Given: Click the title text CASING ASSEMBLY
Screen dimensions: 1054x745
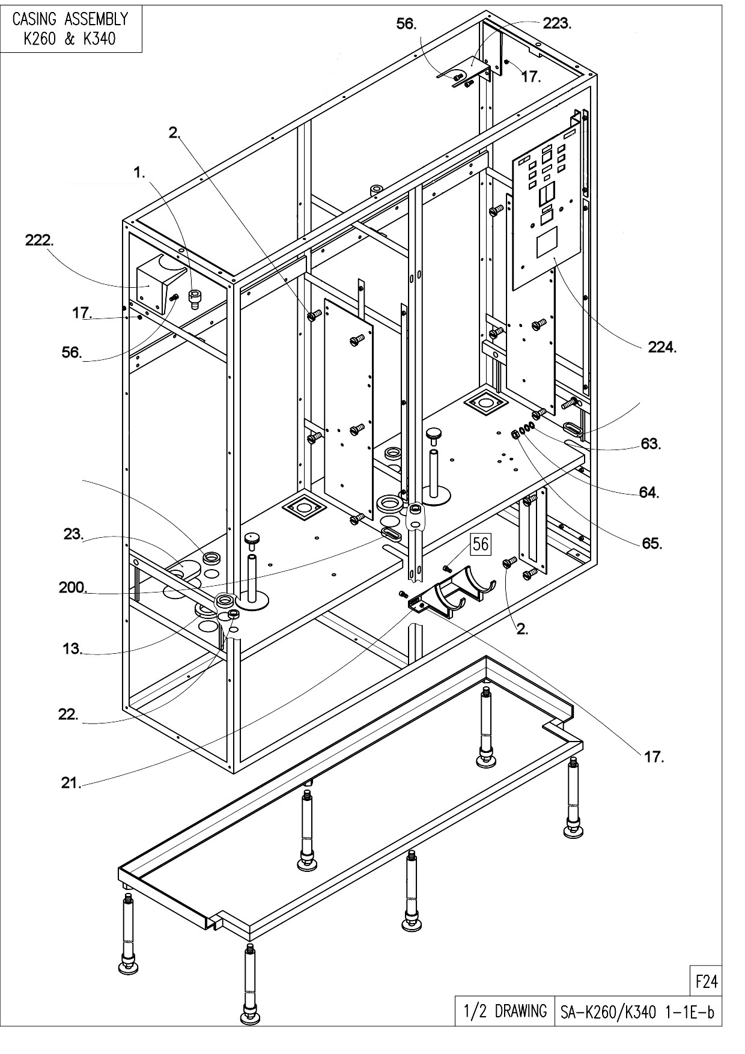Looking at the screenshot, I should tap(70, 19).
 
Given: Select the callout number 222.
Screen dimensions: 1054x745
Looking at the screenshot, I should tap(38, 240).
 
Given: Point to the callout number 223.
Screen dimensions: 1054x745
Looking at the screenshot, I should tap(556, 24).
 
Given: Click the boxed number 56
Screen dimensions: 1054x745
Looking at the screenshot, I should tap(481, 544).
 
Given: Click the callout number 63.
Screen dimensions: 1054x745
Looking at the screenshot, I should tap(650, 444).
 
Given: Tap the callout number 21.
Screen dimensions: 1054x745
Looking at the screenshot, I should tap(71, 783).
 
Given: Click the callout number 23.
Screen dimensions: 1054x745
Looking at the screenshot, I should tap(73, 534).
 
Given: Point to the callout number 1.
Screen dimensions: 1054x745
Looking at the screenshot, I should tap(139, 172).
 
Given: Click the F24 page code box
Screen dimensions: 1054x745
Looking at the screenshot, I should tap(706, 981).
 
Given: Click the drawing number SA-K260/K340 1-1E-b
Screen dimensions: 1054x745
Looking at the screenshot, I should tap(637, 1012).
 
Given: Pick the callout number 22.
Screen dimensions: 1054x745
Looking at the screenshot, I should tap(68, 714).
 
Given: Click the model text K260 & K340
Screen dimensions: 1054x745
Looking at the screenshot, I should tap(70, 39).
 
